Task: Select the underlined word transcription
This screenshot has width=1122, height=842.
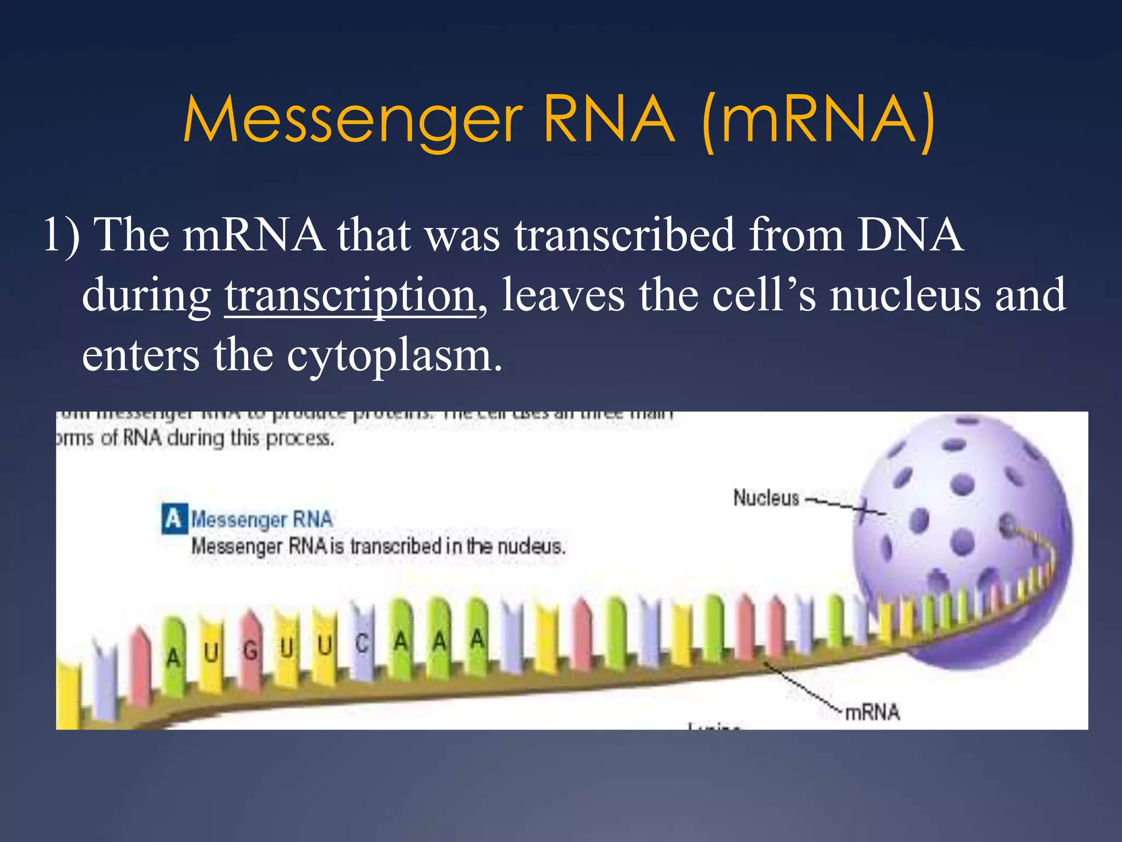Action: point(350,295)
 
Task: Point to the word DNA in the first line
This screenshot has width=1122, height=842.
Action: point(909,235)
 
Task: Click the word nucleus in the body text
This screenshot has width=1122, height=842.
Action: point(903,295)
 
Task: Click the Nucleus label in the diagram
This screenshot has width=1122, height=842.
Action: point(766,498)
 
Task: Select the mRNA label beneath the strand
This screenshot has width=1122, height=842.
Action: point(872,712)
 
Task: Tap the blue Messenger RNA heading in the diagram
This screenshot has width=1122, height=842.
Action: point(262,519)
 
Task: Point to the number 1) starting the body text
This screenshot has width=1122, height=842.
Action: point(61,235)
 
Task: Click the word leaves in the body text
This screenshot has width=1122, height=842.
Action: point(563,295)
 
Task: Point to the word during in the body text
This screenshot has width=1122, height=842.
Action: point(146,295)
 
